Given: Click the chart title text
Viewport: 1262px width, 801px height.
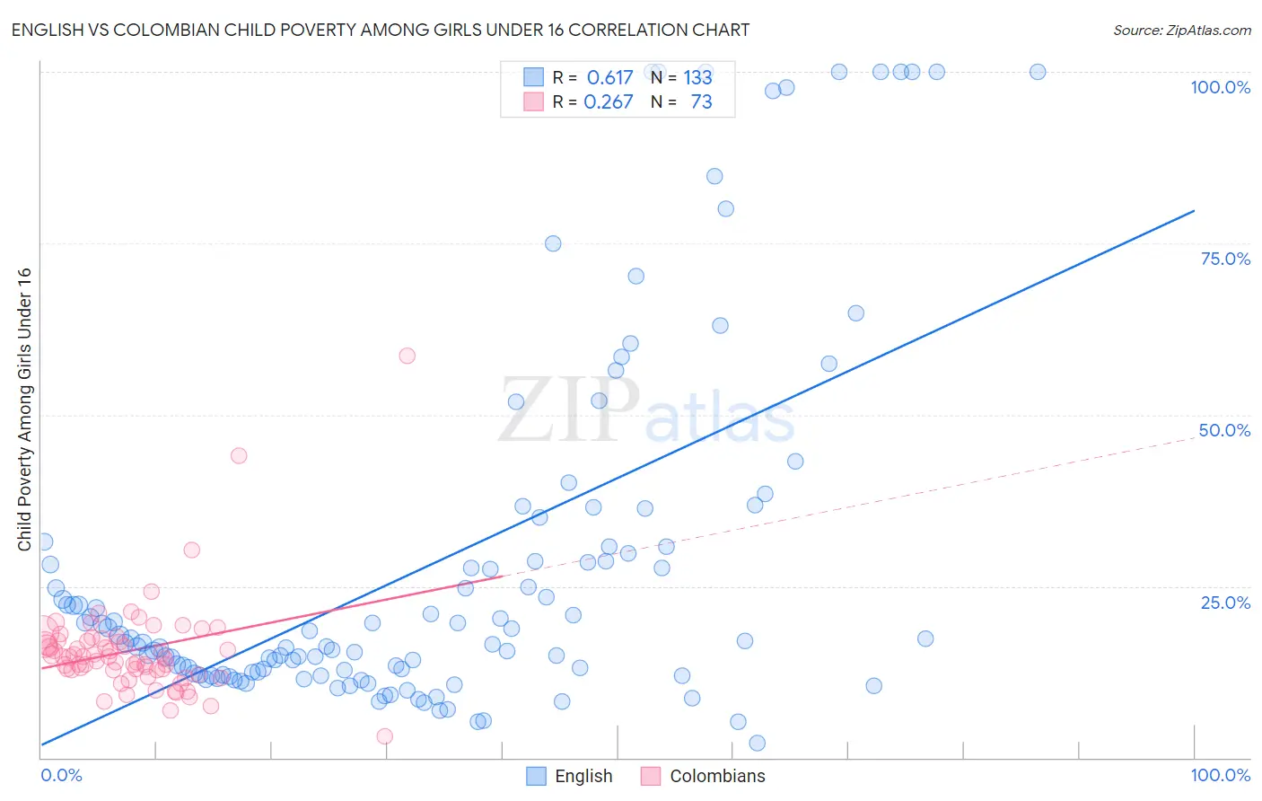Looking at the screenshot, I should (x=380, y=30).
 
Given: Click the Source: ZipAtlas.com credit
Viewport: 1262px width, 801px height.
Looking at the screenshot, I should (x=1181, y=30).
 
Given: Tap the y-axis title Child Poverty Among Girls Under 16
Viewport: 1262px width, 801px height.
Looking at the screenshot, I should (x=24, y=409).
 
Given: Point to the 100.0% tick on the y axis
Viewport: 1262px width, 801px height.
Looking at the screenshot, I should (x=1220, y=87).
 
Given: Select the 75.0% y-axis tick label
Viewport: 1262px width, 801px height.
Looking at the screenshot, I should (x=1225, y=259).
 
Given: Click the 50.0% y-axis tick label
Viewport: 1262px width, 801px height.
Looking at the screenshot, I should (x=1224, y=430).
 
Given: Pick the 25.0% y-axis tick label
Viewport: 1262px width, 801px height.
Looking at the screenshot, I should (x=1225, y=603).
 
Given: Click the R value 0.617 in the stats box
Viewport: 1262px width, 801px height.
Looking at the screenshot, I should (x=609, y=78).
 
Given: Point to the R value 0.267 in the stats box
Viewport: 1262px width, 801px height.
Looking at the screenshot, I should (x=608, y=102).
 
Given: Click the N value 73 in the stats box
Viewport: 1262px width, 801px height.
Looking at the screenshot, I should (x=701, y=102).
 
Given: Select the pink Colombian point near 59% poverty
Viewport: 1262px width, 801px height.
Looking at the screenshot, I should (x=407, y=356).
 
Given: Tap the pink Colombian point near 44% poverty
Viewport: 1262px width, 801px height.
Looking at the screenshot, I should (x=239, y=455).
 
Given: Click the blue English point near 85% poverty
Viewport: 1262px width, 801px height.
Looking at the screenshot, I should (x=714, y=176).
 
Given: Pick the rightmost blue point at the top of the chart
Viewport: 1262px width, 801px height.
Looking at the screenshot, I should (x=1038, y=72).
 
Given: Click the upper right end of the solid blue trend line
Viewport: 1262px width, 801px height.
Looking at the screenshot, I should (x=1194, y=211).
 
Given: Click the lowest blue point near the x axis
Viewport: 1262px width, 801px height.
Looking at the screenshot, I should (x=757, y=743).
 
